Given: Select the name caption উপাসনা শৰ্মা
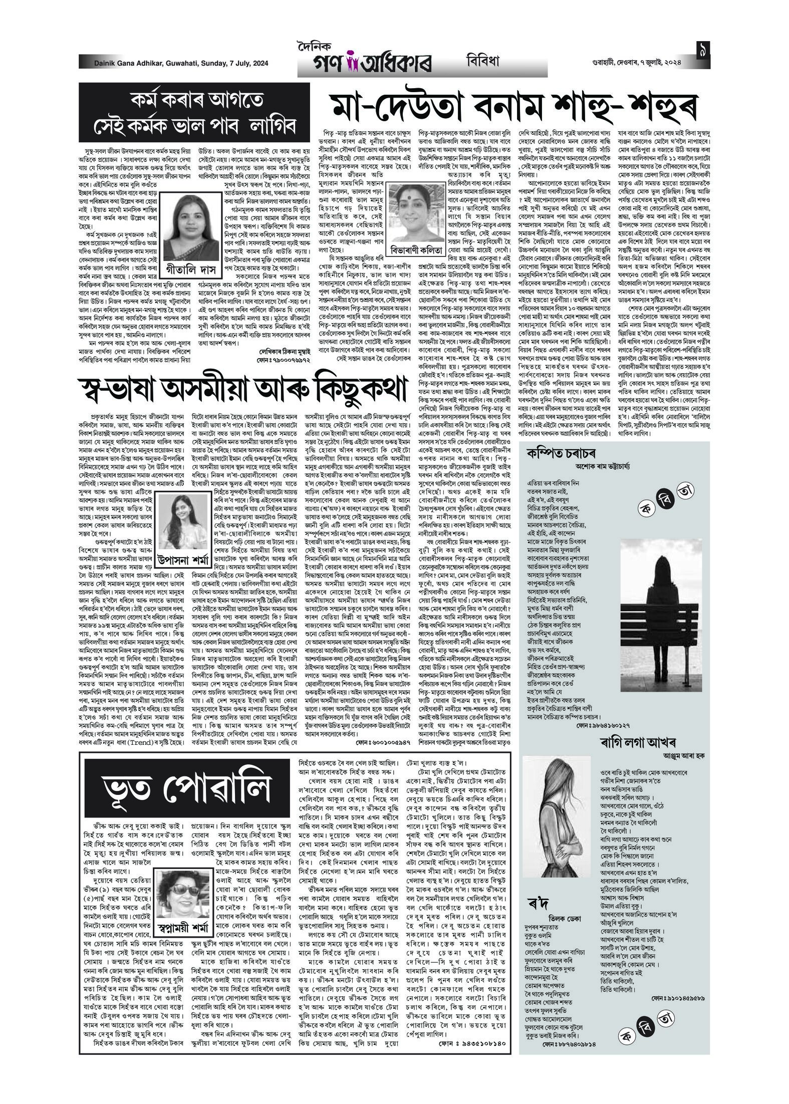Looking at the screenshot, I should [x=182, y=560].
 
